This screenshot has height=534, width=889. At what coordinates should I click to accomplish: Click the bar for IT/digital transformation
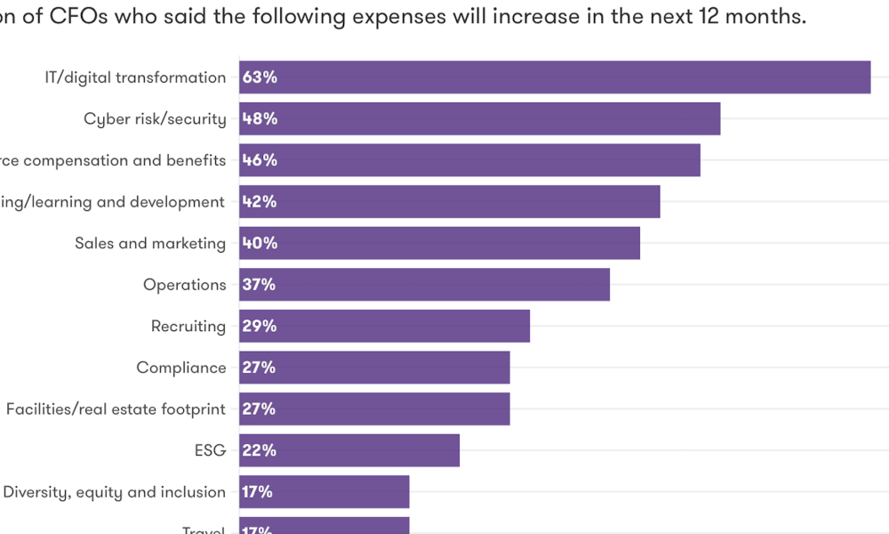555,77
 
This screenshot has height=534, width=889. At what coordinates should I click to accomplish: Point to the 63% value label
260,77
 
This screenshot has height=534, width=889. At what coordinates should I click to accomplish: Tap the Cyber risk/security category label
155,119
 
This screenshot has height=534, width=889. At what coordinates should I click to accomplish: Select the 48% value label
260,119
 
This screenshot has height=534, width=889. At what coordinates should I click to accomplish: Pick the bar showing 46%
469,160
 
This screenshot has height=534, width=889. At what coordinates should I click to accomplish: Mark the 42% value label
260,202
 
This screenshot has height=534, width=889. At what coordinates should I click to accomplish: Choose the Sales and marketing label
150,244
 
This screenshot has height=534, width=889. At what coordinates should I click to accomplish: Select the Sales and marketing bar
439,243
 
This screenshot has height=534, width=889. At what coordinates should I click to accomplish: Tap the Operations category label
185,285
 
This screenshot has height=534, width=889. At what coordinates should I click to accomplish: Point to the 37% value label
259,285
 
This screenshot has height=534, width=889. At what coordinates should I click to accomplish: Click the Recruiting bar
384,326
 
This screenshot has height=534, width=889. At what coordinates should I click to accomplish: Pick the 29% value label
260,326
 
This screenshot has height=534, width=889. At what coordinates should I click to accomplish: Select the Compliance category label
181,368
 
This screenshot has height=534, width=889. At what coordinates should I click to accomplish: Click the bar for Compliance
374,368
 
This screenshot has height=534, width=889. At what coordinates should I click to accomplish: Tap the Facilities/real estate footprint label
116,409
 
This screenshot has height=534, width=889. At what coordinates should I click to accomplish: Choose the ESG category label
210,450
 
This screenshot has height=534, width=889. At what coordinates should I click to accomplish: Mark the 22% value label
259,450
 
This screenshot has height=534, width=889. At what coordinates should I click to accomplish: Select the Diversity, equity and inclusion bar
324,491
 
